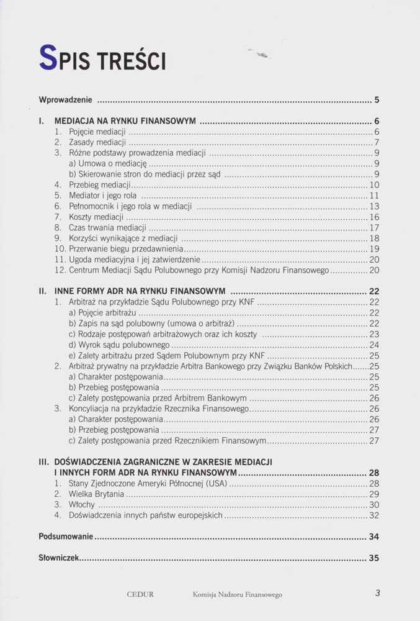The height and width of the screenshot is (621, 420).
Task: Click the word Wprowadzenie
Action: pos(65,99)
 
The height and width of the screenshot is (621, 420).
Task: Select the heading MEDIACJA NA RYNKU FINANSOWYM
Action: pos(125,120)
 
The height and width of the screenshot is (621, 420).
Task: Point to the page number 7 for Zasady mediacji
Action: pos(377,142)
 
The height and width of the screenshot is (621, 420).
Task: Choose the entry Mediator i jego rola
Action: pos(102,196)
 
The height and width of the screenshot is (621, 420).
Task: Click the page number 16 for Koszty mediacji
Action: pos(374,217)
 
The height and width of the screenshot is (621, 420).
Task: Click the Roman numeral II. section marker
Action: pos(43,291)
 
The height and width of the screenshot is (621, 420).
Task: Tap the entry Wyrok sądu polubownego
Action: pos(119,345)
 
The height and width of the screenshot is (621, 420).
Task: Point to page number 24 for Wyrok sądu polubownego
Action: pos(374,345)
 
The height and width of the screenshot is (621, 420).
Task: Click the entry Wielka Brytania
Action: pos(96,494)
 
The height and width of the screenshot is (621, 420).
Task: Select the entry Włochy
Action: pos(83,504)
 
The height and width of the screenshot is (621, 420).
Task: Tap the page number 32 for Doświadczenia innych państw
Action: pos(374,515)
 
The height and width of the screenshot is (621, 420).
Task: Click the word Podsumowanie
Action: pos(65,537)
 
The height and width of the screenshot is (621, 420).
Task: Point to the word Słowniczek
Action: pos(59,558)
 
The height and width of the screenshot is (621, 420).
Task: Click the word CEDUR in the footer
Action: pos(140,594)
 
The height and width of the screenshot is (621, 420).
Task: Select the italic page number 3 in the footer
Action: pos(377,592)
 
